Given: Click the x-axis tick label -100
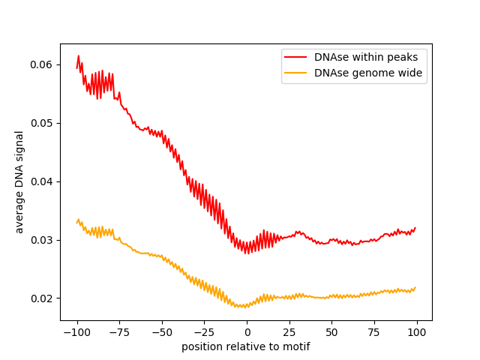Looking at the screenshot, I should pos(76,332).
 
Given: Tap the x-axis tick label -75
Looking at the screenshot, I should pos(119,332).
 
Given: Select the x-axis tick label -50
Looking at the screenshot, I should pos(162,332).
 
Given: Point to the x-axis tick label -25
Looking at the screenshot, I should pos(204,332).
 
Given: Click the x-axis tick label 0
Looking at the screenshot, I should pos(247,332).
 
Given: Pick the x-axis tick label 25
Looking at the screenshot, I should pos(289,332).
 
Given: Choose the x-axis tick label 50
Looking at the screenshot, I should pos(332,332).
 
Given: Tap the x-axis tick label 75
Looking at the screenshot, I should pos(374,332).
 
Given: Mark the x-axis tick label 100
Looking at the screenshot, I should pos(417,332).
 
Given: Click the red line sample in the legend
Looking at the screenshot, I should pos(296,56).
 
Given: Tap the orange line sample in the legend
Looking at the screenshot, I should pos(296,73).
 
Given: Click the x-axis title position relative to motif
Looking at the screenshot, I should pos(246,346).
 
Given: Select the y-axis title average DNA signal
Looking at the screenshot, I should pos(19,182).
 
